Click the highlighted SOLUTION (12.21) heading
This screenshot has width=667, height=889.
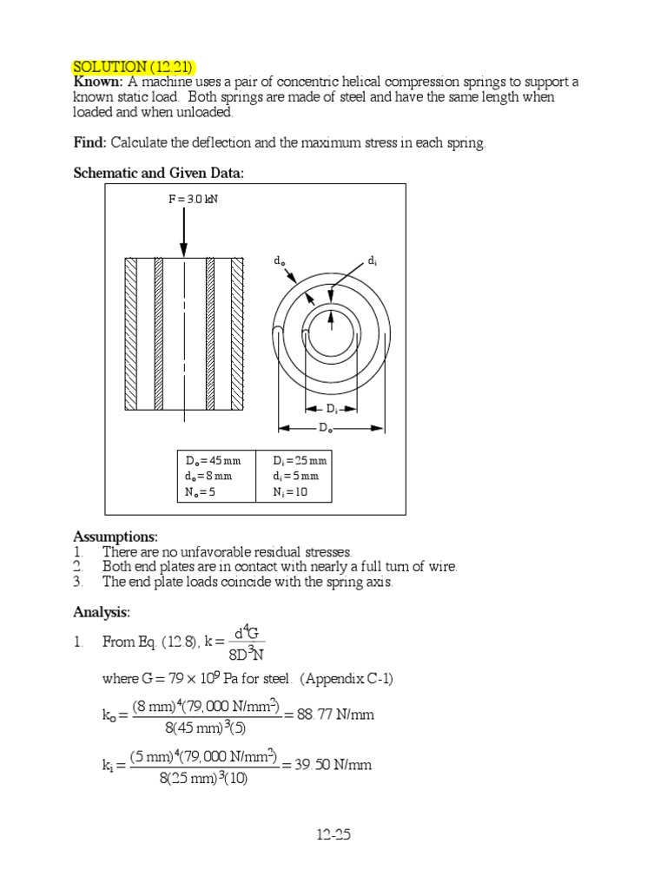134,67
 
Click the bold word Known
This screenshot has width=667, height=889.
97,82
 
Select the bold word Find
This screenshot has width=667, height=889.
89,142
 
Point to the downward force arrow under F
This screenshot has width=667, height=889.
183,230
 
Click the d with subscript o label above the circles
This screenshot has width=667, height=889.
279,260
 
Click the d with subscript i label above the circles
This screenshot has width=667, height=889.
372,260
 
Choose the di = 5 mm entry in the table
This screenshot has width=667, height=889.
295,476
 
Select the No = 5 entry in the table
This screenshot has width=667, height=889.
202,491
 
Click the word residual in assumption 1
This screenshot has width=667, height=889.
257,552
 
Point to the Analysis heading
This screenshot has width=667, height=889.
102,613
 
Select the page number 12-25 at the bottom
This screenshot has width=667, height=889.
333,836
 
